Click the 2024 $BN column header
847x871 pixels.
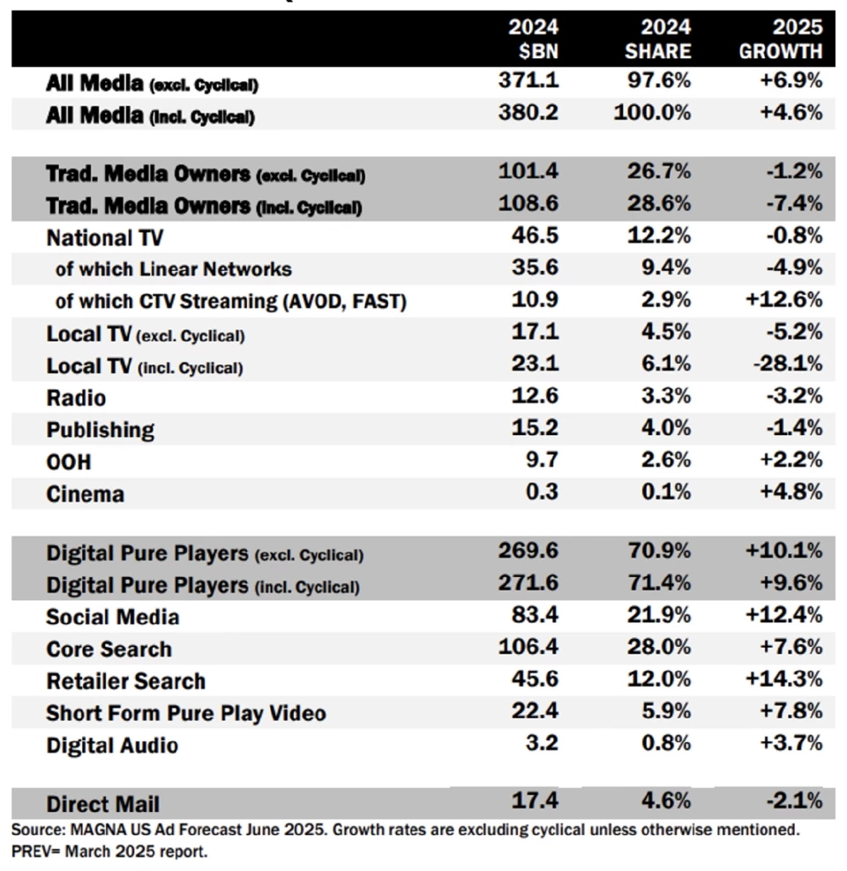click(x=533, y=39)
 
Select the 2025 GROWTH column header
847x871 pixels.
click(x=781, y=39)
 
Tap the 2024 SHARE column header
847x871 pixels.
click(x=657, y=39)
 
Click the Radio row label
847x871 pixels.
click(x=76, y=397)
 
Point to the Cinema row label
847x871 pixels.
click(x=85, y=494)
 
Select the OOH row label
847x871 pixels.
click(x=69, y=462)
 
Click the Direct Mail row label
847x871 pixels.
click(x=103, y=804)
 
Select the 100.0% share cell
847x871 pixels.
click(x=655, y=113)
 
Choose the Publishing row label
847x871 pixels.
click(x=100, y=430)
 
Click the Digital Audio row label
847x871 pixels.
click(x=112, y=746)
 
